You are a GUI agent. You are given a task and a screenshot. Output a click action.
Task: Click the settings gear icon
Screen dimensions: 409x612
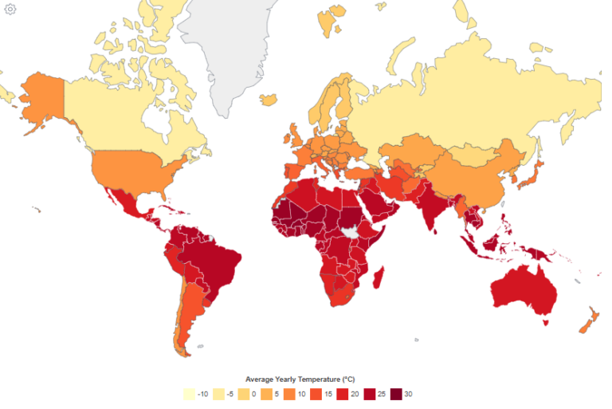coord(10,9)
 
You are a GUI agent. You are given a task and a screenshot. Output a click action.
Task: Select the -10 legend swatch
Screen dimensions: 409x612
coord(189,394)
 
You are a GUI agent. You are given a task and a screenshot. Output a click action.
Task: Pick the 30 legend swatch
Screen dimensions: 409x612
coord(396,394)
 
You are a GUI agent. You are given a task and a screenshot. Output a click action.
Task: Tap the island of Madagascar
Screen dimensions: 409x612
coord(379,280)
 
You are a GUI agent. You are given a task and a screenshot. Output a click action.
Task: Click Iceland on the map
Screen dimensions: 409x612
coord(269,100)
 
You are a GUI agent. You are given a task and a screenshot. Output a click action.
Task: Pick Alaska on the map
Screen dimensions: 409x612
coord(39,100)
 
